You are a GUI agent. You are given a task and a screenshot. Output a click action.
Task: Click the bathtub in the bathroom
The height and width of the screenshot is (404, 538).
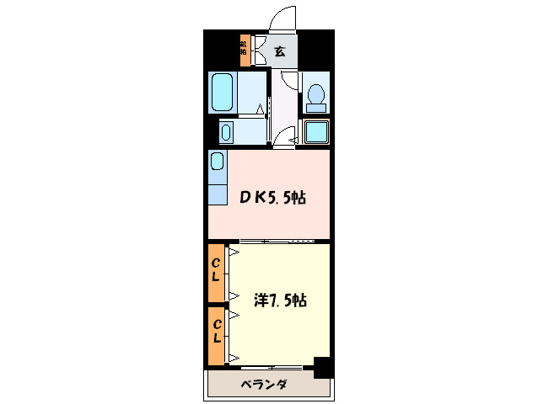click(223, 92)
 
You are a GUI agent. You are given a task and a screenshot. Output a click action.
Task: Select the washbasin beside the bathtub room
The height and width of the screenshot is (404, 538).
click(227, 132)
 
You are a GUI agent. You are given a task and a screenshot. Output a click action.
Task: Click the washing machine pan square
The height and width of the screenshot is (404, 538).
click(316, 133)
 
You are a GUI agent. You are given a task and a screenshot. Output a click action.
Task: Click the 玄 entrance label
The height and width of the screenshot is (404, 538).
click(280, 50)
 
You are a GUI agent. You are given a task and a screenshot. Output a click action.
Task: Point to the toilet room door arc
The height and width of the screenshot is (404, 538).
click(289, 81)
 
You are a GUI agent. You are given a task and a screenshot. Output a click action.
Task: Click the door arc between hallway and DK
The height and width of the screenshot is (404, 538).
click(288, 137)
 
